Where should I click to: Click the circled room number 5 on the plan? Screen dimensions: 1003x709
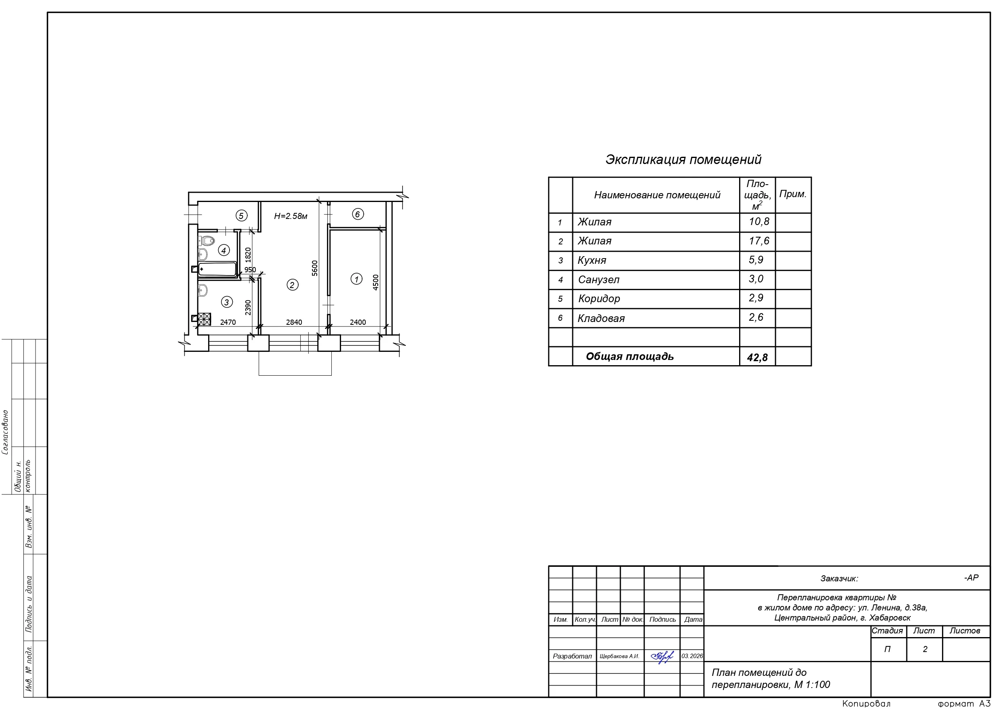(241, 215)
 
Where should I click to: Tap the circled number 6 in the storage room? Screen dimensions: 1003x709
(357, 214)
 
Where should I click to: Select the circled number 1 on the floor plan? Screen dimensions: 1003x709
(356, 279)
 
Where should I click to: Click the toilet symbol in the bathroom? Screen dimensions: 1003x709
(207, 240)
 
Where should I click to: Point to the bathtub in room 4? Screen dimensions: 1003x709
(217, 269)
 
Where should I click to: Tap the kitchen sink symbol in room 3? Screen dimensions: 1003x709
(202, 290)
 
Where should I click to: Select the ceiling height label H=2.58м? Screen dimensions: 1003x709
(291, 216)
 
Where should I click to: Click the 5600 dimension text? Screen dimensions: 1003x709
(314, 268)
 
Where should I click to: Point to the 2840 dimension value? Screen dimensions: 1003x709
(294, 322)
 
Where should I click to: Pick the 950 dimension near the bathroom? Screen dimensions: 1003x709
(250, 269)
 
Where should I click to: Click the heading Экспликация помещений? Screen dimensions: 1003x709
(683, 160)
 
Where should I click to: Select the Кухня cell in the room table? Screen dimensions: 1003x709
(592, 260)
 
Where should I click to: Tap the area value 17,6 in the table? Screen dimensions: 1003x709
(759, 241)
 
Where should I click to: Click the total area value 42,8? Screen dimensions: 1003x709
(757, 358)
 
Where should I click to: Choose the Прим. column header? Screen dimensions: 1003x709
(793, 194)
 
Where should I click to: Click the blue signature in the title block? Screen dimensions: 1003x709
(662, 656)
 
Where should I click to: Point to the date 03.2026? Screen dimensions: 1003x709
(692, 656)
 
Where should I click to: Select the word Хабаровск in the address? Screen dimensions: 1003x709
(890, 618)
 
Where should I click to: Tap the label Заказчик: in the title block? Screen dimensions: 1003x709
(839, 579)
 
